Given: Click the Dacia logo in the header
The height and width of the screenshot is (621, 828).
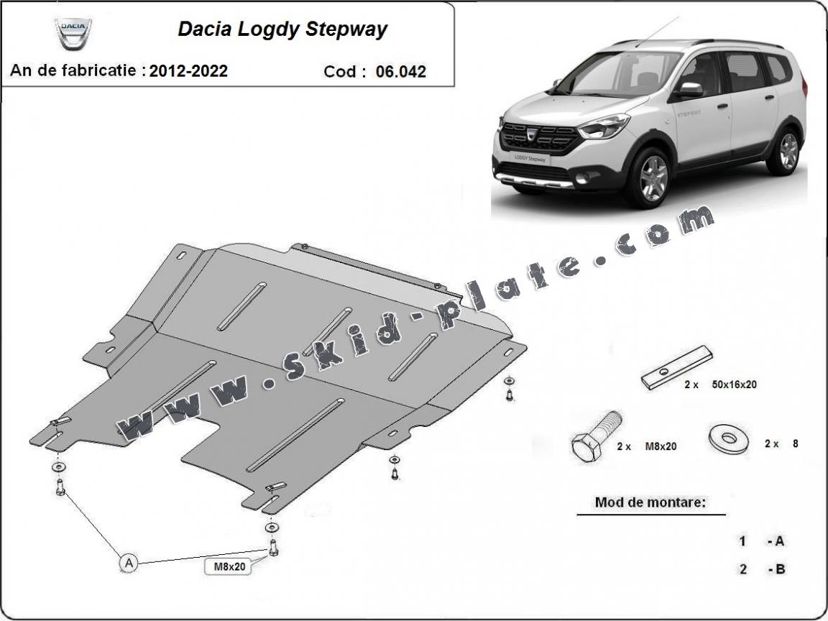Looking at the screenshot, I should pyautogui.click(x=73, y=32).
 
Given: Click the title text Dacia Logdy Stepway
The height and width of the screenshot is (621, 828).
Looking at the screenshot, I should pyautogui.click(x=282, y=29).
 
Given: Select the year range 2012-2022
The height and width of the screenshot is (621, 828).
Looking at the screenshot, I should pyautogui.click(x=189, y=70).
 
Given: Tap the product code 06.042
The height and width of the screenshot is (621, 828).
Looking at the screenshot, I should pyautogui.click(x=400, y=71).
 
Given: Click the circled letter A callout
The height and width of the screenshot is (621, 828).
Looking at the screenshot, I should pyautogui.click(x=129, y=563).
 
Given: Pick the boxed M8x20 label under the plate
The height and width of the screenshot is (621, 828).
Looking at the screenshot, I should pyautogui.click(x=230, y=566).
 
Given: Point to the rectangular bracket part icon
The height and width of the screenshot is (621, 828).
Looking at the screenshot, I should pyautogui.click(x=677, y=367).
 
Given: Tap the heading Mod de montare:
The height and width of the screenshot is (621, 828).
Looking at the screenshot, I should pyautogui.click(x=650, y=502).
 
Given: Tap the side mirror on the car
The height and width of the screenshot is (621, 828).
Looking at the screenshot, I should pyautogui.click(x=690, y=89).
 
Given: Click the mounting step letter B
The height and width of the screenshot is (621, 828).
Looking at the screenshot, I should pyautogui.click(x=780, y=569).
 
